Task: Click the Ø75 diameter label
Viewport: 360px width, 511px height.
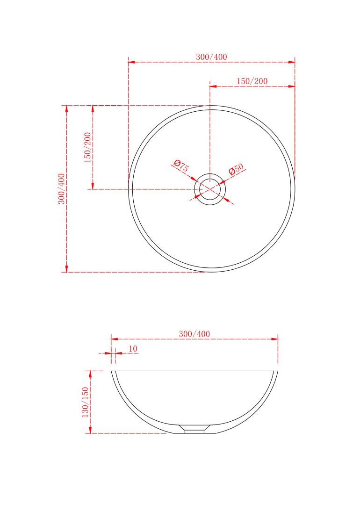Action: (x=181, y=166)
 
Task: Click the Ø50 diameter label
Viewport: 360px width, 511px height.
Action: (x=237, y=169)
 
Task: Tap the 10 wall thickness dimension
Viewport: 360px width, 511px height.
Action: (x=133, y=349)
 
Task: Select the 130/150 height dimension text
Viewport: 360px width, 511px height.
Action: (x=86, y=402)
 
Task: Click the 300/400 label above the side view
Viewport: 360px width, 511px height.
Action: (x=194, y=334)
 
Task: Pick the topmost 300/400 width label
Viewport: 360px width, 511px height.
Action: (x=211, y=57)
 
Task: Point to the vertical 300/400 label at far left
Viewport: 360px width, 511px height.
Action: (x=61, y=188)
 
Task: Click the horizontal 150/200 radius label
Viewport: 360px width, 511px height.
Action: (x=252, y=81)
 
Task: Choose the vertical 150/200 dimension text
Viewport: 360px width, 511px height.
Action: (x=87, y=147)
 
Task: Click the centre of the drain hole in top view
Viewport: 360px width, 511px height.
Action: (x=210, y=189)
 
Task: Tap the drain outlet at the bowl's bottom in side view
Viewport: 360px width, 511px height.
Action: (x=194, y=429)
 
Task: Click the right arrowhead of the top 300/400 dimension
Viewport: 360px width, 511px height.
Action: (x=292, y=62)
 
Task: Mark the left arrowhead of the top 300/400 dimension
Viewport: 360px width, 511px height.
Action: (x=131, y=62)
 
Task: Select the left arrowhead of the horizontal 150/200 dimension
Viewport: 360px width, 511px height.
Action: (x=213, y=86)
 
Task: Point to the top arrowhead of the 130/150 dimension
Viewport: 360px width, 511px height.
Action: (x=91, y=374)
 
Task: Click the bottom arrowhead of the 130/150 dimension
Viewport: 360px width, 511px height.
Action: (x=91, y=430)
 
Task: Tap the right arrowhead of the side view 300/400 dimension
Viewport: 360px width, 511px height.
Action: (x=275, y=339)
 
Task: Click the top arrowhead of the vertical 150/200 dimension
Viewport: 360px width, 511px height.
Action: (x=93, y=109)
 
